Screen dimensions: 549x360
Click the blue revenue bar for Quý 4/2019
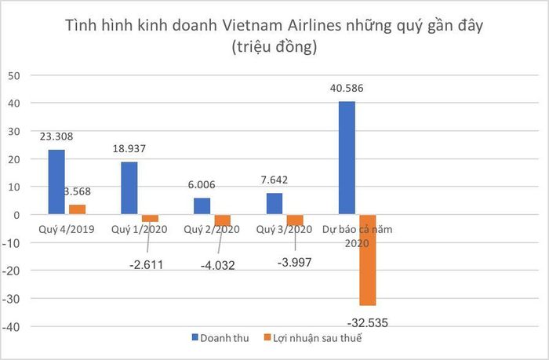(x=56, y=182)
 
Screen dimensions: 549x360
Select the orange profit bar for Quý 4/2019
(x=78, y=209)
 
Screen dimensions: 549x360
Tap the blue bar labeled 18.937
(x=129, y=188)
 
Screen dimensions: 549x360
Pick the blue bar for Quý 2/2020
(x=202, y=206)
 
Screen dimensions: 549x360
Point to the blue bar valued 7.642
(x=274, y=204)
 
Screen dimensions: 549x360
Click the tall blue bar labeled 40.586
(x=347, y=158)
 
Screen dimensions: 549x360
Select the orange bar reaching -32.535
(x=368, y=260)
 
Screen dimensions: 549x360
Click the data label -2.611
(x=147, y=265)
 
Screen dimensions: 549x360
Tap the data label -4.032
(x=218, y=265)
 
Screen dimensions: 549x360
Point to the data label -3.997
(x=294, y=262)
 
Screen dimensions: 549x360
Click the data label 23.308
(x=56, y=136)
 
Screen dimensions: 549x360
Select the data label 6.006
(x=202, y=184)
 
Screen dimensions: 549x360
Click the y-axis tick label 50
(x=14, y=75)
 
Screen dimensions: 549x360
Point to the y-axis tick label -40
(x=11, y=327)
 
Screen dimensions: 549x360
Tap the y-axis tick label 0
(x=16, y=215)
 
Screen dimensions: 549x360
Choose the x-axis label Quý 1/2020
(x=140, y=230)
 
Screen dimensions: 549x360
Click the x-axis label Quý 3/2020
(x=284, y=230)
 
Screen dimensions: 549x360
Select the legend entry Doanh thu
(x=220, y=338)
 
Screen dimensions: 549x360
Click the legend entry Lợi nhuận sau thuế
(x=313, y=338)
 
